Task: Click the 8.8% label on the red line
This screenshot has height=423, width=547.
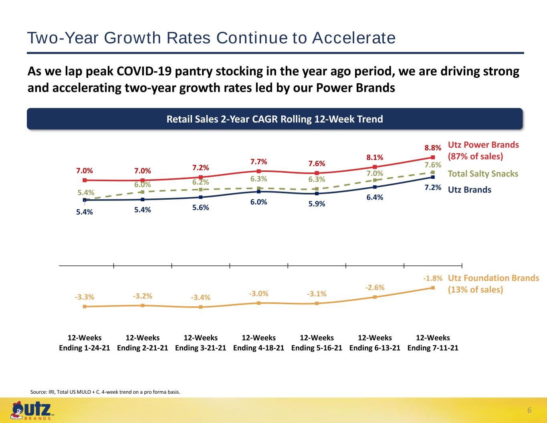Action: [x=433, y=148]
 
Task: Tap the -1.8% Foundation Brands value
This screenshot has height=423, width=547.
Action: [x=433, y=278]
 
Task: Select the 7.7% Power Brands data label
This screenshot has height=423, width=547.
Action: [x=258, y=162]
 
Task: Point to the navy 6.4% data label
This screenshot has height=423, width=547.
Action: [x=375, y=197]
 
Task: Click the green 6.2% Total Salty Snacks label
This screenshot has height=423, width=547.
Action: [x=201, y=182]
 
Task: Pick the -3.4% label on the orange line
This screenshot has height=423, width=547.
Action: [x=201, y=298]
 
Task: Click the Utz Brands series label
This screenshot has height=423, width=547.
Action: [x=470, y=190]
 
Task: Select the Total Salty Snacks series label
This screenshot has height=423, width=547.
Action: [x=483, y=174]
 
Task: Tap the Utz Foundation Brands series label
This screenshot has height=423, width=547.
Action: [x=493, y=284]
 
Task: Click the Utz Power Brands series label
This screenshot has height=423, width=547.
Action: [x=483, y=151]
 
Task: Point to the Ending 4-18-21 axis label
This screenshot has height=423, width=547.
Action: [x=258, y=348]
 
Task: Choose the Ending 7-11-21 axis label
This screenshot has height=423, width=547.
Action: [x=433, y=348]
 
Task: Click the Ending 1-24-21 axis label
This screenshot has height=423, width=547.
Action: [x=84, y=348]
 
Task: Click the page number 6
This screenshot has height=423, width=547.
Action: [x=529, y=411]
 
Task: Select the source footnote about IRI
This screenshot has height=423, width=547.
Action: [x=105, y=392]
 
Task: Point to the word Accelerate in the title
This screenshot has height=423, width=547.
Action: [x=354, y=38]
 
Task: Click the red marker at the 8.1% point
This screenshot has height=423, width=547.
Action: [x=375, y=167]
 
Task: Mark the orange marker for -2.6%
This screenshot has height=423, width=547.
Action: [x=375, y=297]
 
